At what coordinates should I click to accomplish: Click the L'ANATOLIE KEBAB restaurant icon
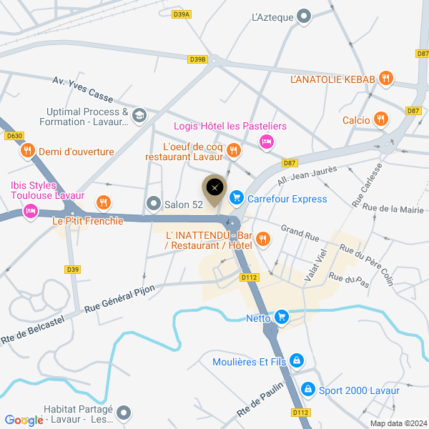(x=386, y=78)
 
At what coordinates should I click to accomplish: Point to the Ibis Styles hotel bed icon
(x=30, y=211)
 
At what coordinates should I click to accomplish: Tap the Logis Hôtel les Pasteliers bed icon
(x=266, y=142)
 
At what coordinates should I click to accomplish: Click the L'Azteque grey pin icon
(x=304, y=16)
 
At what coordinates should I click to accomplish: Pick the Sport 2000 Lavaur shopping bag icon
(x=308, y=390)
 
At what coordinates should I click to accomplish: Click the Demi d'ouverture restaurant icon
(x=27, y=151)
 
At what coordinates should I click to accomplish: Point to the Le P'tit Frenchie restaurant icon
(x=104, y=202)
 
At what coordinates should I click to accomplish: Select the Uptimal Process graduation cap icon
(x=139, y=114)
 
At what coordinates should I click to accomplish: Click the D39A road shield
(x=182, y=14)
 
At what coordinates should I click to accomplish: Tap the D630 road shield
(x=14, y=135)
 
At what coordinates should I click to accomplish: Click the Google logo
(x=23, y=420)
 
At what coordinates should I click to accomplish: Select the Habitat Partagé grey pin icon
(x=124, y=413)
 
